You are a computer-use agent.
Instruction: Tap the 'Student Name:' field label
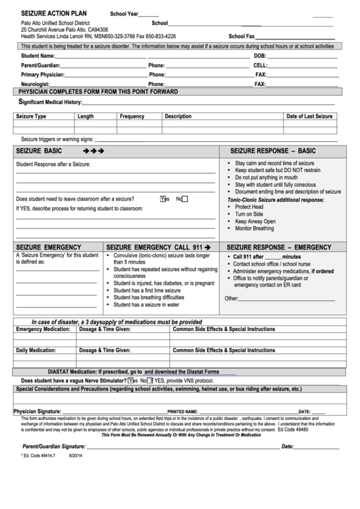[x=38, y=56]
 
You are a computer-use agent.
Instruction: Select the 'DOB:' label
[x=260, y=56]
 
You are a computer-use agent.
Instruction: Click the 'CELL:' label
[x=260, y=65]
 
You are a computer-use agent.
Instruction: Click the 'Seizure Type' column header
[x=31, y=116]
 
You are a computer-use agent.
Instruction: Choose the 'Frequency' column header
[x=132, y=116]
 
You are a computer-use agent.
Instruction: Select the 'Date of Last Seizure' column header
[x=309, y=116]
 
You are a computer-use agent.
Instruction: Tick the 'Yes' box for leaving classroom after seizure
[x=163, y=199]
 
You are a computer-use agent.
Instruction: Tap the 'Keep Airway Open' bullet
[x=255, y=222]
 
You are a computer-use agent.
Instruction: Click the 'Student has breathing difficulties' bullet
[x=148, y=297]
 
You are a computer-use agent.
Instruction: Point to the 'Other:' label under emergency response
[x=232, y=298]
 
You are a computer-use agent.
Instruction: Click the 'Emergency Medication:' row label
[x=43, y=329]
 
